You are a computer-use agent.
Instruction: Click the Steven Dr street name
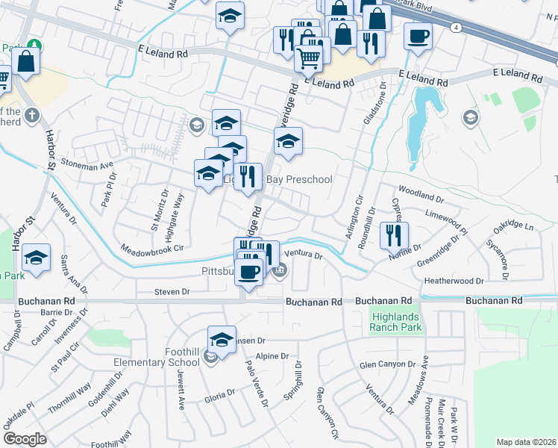[x=172, y=291]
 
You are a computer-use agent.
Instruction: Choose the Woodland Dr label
[x=421, y=196]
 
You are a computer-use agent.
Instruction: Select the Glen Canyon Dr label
[x=386, y=364]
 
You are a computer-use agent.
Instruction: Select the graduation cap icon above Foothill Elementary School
[x=222, y=339]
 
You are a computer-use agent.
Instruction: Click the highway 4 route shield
[x=455, y=27]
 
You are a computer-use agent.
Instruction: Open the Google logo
[x=25, y=439]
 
